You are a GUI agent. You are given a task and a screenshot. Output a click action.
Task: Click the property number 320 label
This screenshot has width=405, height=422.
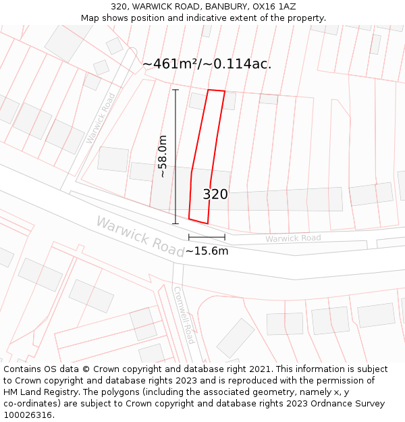tap(215, 194)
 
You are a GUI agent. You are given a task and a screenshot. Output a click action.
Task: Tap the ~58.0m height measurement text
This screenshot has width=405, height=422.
tap(162, 156)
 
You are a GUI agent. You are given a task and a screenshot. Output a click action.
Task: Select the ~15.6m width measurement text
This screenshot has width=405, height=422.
tap(207, 251)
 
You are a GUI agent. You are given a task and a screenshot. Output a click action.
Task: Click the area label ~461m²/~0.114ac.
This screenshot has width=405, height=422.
tap(207, 64)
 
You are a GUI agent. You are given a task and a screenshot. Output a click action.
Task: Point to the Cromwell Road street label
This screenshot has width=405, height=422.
tap(184, 315)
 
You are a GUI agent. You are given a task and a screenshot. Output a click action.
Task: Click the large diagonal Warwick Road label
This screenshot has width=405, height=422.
tap(140, 236)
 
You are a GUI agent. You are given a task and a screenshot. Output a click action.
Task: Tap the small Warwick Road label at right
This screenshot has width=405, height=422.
tap(293, 238)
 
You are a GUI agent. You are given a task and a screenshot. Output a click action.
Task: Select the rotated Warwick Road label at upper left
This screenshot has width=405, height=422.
tap(101, 117)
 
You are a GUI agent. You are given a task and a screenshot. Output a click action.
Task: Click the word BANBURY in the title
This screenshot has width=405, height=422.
tap(225, 7)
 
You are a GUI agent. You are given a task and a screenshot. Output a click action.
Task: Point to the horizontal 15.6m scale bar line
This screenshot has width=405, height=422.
tap(207, 237)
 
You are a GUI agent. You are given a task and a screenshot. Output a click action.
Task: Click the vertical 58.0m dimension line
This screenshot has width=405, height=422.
tap(175, 156)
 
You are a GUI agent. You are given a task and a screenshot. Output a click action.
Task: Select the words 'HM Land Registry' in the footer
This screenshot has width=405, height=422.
tap(37, 392)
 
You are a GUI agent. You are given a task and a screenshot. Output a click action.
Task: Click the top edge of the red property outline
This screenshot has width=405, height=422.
tap(216, 90)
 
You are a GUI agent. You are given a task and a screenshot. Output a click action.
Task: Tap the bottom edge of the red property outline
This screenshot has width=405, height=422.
tap(198, 221)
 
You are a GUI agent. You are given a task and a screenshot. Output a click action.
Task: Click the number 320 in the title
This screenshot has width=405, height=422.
tap(119, 7)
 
